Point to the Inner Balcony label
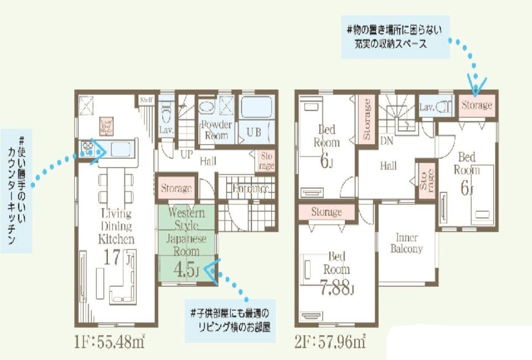click(406, 244)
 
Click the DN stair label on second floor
click(387, 141)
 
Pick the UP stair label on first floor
click(187, 155)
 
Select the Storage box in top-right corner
click(476, 105)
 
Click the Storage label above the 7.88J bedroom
click(326, 212)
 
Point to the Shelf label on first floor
click(146, 100)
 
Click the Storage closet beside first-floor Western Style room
click(176, 188)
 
